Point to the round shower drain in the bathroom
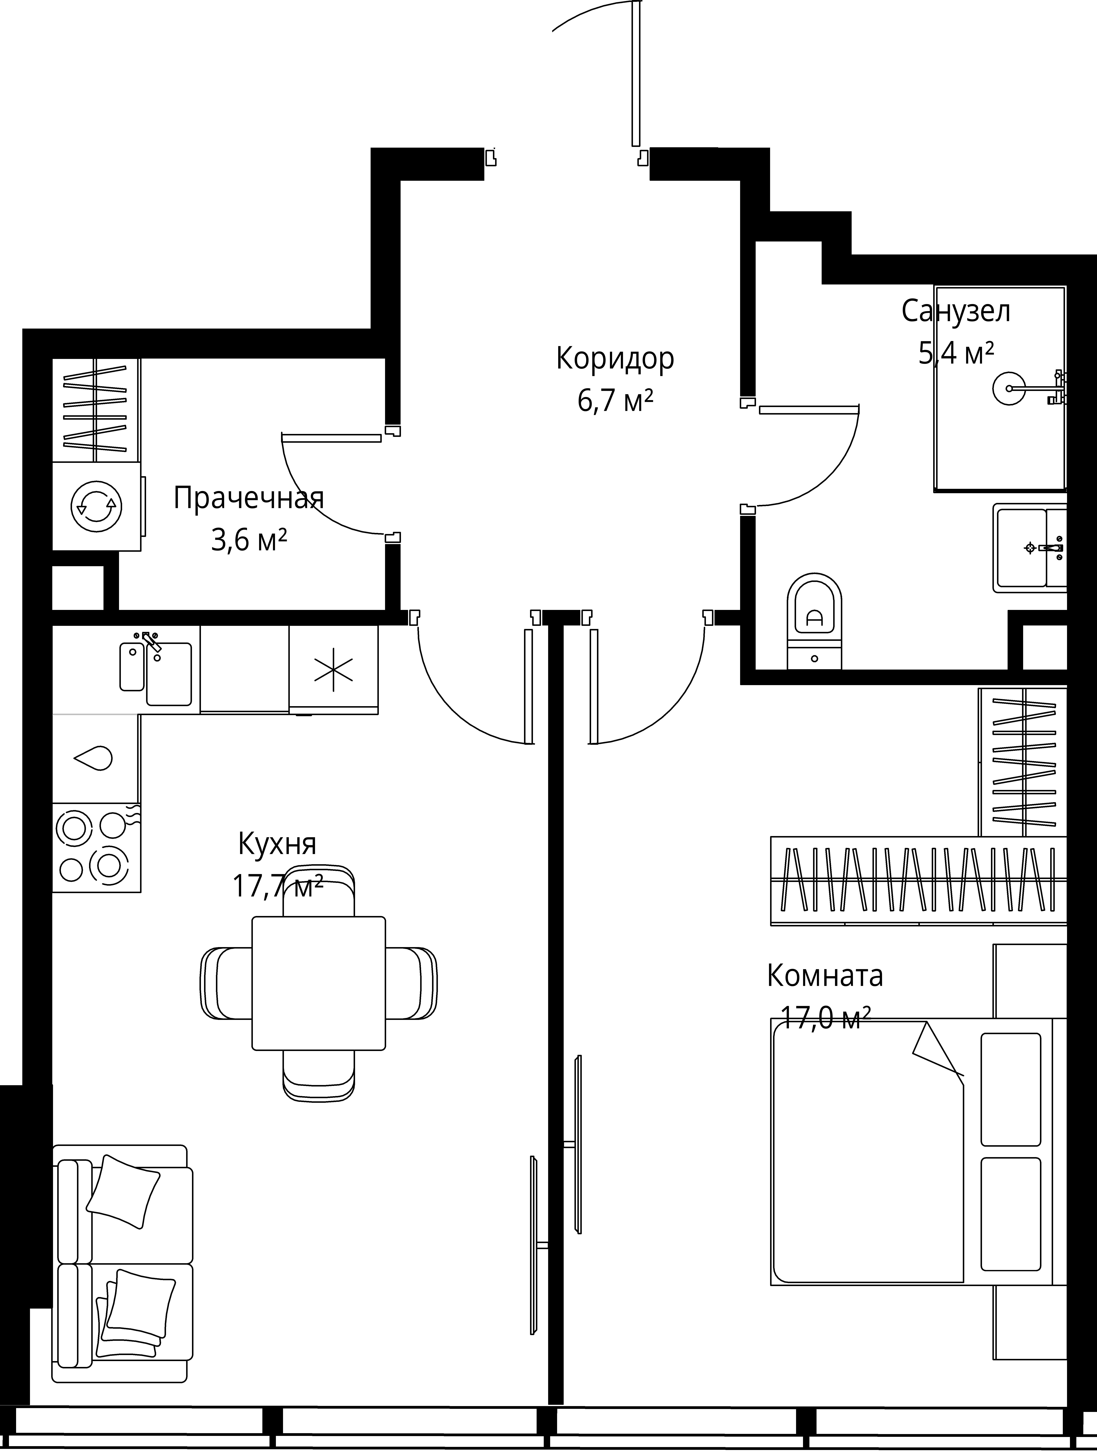[x=1009, y=389]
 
